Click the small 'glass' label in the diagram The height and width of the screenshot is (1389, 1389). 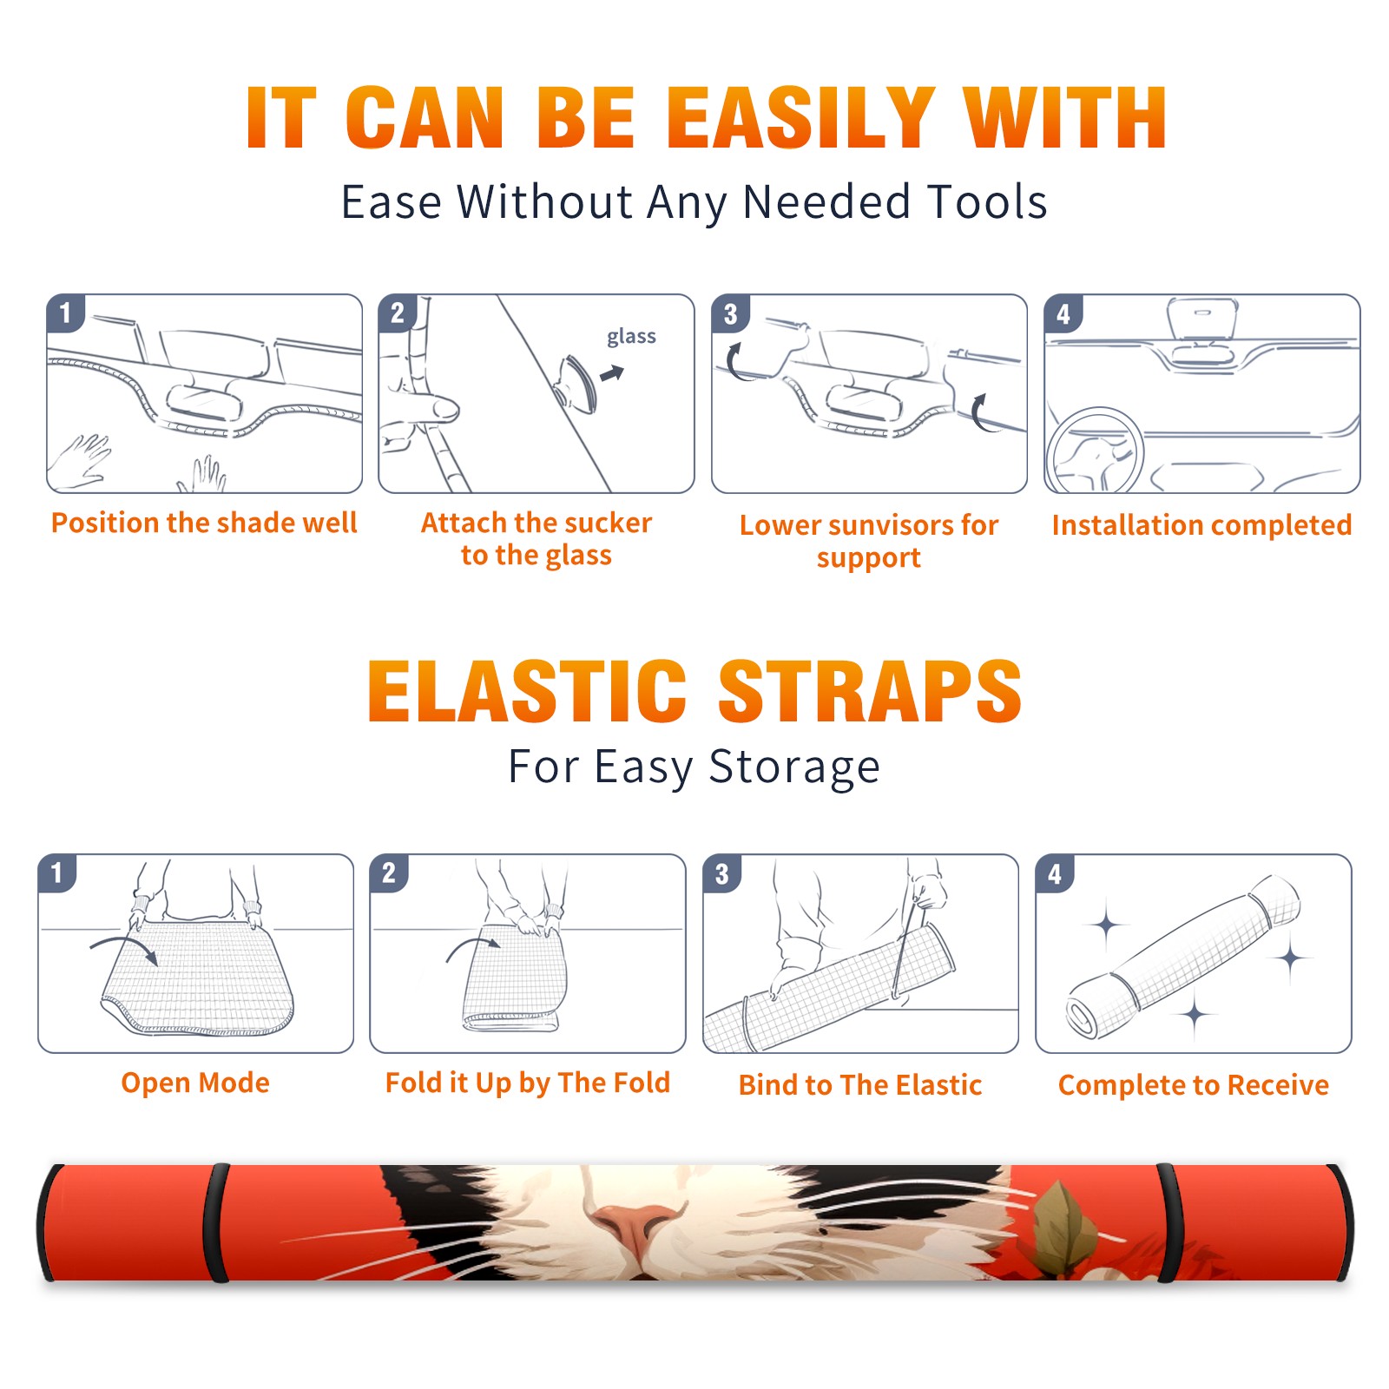(x=631, y=337)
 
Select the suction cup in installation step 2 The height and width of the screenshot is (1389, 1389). (x=578, y=383)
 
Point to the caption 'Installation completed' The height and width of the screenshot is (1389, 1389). (x=1201, y=525)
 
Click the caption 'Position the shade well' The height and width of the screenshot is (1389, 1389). (x=204, y=523)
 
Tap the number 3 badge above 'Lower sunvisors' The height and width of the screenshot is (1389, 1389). (x=730, y=314)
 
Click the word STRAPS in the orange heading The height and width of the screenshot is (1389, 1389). (x=870, y=691)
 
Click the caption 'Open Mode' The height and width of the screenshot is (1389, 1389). (x=195, y=1083)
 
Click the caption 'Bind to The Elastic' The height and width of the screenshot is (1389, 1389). (x=860, y=1085)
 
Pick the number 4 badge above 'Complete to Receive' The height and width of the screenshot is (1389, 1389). (x=1055, y=874)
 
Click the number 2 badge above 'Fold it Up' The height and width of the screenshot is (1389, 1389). (x=389, y=872)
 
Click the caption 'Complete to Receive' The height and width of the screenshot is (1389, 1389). (x=1194, y=1085)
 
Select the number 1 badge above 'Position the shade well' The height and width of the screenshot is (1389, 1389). (x=65, y=313)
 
